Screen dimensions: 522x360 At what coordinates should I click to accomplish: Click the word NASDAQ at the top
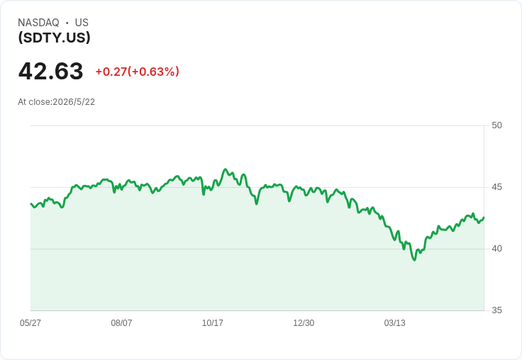pos(38,23)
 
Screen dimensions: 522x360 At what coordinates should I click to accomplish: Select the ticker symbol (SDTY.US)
pos(55,38)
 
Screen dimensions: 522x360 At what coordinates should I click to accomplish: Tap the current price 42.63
pos(50,71)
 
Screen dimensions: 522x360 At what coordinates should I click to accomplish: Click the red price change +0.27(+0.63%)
pos(137,72)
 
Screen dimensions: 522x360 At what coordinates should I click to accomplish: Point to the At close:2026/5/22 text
pos(56,102)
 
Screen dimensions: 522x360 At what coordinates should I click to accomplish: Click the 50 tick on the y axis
pos(496,125)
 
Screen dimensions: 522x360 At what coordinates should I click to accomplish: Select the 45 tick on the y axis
pos(496,187)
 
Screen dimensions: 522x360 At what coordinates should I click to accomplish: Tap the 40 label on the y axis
pos(496,249)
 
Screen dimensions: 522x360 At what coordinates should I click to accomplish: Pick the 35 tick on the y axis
pos(496,310)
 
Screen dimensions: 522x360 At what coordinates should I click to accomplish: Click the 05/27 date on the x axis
pos(30,323)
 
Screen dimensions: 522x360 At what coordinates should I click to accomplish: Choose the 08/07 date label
pos(121,323)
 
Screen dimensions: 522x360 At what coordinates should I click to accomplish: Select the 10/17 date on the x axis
pos(212,323)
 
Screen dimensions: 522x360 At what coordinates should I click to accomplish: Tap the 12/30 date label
pos(304,323)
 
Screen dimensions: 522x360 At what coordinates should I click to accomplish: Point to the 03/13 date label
pos(395,323)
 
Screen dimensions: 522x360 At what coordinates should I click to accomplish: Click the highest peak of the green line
pos(226,169)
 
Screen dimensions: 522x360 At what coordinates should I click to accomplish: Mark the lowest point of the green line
pos(414,260)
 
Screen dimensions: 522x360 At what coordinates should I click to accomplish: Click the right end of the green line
pos(484,218)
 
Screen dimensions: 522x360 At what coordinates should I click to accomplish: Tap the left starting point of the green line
pos(31,203)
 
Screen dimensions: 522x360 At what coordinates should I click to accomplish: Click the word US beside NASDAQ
pos(82,23)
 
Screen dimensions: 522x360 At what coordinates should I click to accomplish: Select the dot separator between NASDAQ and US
pos(67,23)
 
